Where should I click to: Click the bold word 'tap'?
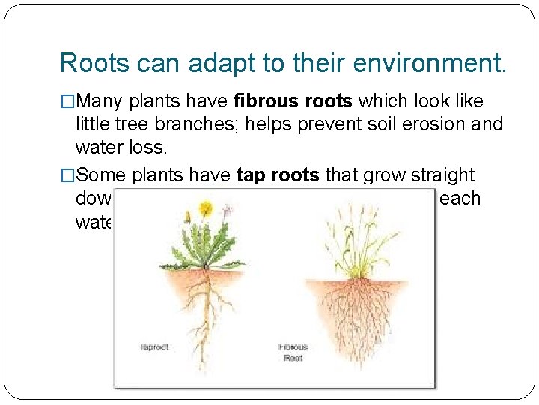point(249,175)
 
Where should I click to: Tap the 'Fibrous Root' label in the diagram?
point(293,351)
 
